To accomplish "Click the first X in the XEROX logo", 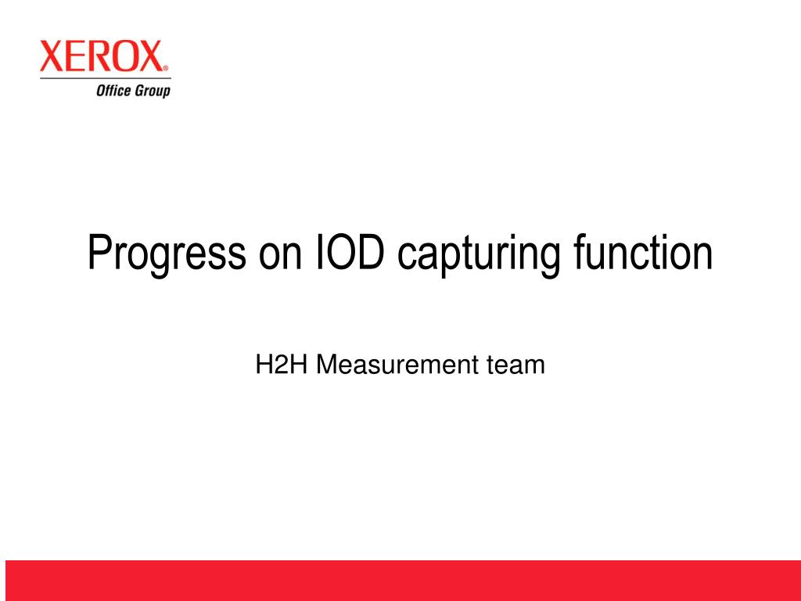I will [x=52, y=57].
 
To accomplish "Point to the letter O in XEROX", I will [x=124, y=57].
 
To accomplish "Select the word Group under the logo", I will [x=151, y=92].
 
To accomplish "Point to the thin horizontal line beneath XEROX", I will [x=105, y=78].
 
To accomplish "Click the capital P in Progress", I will [x=98, y=252].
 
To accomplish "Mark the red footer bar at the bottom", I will [x=400, y=580].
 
